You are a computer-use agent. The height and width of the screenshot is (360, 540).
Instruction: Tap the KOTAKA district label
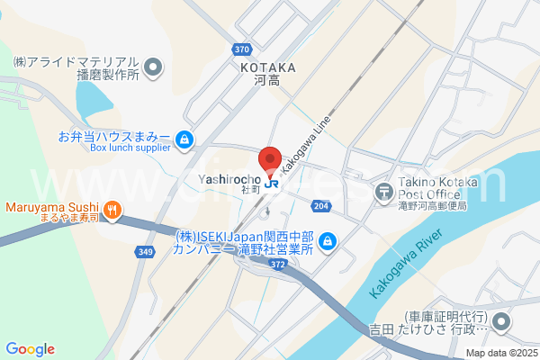click(x=268, y=67)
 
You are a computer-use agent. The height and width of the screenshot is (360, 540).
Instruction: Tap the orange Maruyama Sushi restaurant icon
click(x=112, y=211)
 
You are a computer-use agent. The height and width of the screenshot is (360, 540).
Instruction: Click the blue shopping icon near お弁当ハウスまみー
click(x=184, y=139)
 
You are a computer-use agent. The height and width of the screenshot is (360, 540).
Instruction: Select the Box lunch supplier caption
click(x=130, y=148)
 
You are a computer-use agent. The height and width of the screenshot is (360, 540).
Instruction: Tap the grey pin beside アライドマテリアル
click(x=153, y=66)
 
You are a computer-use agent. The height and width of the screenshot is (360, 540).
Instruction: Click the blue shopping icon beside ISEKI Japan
click(x=327, y=241)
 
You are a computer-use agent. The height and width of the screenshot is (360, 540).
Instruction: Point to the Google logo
click(x=30, y=348)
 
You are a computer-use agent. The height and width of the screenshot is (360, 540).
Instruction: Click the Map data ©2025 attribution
click(x=499, y=352)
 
